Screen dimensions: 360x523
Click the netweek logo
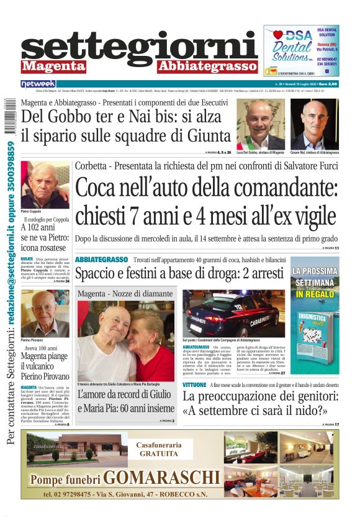click(38, 83)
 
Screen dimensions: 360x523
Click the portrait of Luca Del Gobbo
click(261, 124)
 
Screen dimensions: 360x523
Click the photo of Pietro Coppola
click(45, 184)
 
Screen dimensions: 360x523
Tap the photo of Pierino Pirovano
click(45, 313)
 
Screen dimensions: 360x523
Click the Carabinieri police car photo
click(233, 314)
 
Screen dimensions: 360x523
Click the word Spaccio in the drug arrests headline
click(96, 274)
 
